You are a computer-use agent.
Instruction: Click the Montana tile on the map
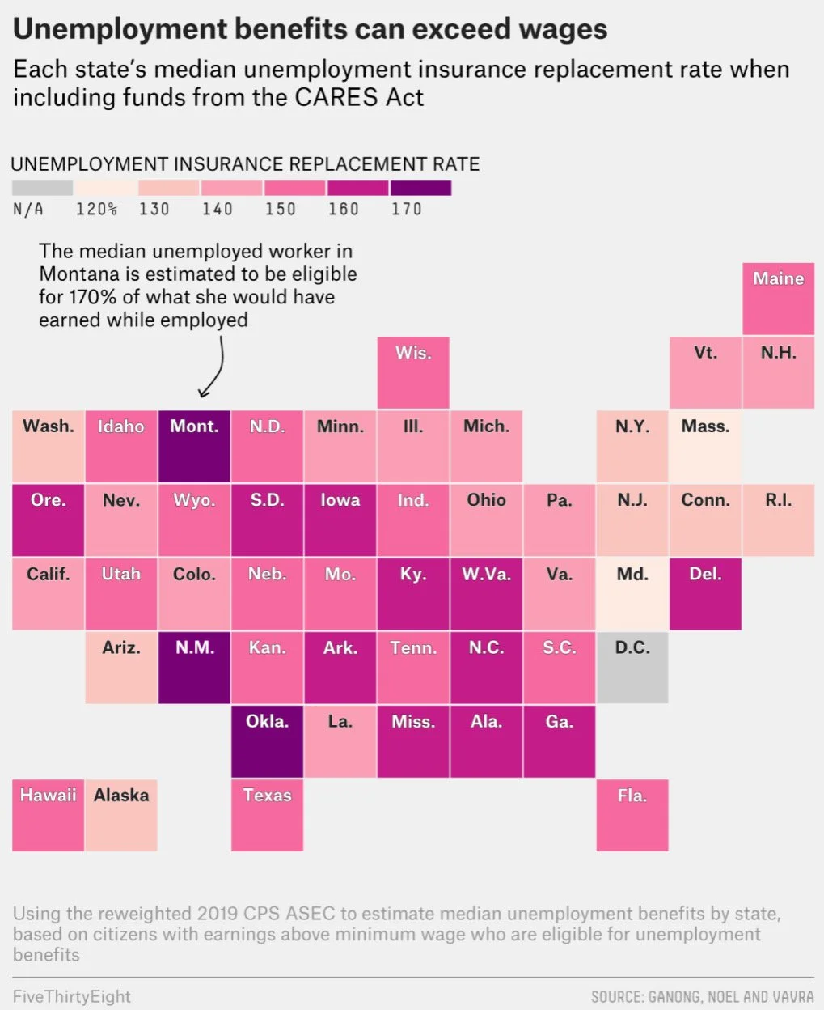point(194,446)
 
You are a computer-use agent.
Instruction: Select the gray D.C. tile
point(632,667)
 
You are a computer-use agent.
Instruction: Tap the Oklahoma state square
point(267,741)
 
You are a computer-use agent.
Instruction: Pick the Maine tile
point(778,298)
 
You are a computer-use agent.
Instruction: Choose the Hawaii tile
point(48,814)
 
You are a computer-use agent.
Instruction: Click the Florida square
point(632,814)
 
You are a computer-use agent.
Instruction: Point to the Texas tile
point(267,814)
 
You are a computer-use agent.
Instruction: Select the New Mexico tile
point(194,667)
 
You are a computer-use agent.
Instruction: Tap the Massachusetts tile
point(705,446)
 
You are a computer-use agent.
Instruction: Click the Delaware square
point(705,593)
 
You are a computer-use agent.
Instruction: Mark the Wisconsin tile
point(413,372)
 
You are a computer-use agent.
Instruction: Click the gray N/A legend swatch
point(42,188)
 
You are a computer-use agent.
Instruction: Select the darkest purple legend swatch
point(420,188)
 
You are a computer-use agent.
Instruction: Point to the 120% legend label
point(96,209)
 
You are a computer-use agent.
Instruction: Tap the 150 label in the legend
point(281,209)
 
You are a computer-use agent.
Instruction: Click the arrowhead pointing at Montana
point(204,393)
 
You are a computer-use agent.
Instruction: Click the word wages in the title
point(553,29)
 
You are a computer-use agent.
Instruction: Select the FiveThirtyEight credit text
point(72,996)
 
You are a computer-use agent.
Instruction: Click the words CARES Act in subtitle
point(359,97)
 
